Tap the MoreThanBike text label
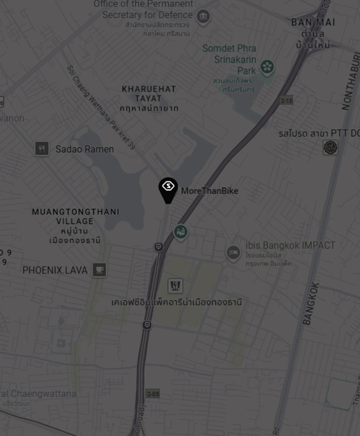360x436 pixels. [209, 191]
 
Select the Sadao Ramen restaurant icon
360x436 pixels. [42, 148]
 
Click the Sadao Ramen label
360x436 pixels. [84, 149]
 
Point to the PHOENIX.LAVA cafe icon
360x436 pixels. [99, 270]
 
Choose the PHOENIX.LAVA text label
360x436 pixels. [55, 270]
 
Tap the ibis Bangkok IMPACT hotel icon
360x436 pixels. [233, 253]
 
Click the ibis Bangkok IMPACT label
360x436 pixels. [290, 245]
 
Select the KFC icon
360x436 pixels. [174, 286]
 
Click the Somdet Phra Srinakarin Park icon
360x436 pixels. [267, 66]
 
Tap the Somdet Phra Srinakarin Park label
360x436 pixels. [229, 59]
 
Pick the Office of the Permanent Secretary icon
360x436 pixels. [203, 16]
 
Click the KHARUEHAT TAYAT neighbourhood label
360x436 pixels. [149, 93]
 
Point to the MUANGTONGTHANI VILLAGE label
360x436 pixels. [75, 216]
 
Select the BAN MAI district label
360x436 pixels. [313, 22]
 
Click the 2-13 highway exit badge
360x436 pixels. [286, 100]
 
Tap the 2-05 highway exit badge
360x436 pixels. [153, 393]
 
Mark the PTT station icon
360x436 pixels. [330, 147]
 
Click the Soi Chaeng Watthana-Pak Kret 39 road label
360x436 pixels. [101, 107]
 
